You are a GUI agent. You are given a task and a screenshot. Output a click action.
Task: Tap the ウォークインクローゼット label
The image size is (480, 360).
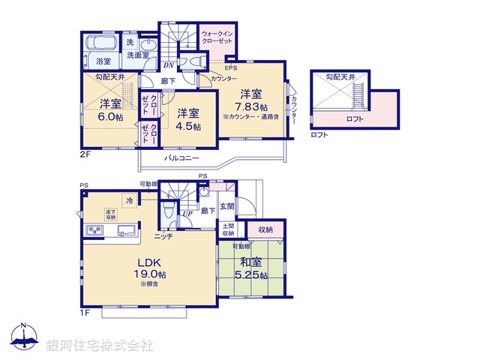tap(217, 37)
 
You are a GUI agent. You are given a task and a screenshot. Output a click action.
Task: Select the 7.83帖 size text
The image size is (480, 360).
tap(250, 107)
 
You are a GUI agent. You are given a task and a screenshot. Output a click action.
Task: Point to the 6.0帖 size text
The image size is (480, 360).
tap(111, 117)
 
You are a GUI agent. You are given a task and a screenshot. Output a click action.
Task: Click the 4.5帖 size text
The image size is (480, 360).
tap(188, 127)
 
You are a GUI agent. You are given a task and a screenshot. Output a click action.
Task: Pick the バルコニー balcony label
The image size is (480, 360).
tap(182, 159)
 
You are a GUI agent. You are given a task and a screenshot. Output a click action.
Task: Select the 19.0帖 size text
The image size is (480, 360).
tap(150, 275)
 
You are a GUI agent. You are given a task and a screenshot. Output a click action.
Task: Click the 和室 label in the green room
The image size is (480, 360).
tap(250, 262)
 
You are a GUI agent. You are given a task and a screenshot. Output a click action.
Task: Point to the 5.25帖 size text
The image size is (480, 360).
tap(250, 276)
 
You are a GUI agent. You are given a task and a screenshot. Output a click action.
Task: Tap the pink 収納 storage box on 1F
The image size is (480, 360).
tap(266, 229)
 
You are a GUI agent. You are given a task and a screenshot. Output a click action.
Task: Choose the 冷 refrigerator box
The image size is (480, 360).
tap(130, 200)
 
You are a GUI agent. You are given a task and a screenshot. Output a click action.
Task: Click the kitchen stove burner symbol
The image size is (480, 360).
tap(95, 230)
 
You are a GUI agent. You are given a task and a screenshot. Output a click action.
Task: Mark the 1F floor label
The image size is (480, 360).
tap(85, 312)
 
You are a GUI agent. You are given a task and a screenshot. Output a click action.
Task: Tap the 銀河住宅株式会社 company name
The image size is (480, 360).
tap(99, 346)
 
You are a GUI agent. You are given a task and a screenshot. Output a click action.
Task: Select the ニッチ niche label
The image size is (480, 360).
tap(163, 236)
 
